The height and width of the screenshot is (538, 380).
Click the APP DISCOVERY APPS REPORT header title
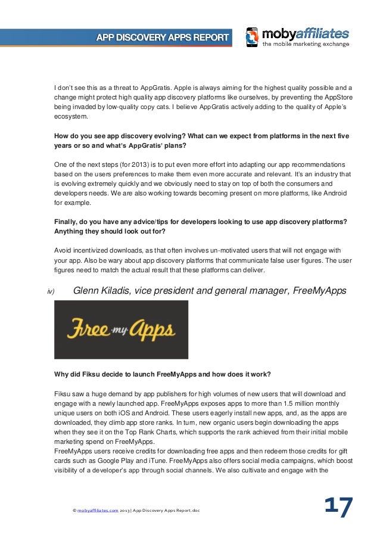(x=163, y=38)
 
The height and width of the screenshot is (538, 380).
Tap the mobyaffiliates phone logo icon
(x=253, y=37)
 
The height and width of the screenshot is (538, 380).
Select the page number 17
(x=338, y=508)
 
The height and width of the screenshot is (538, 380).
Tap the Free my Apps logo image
(x=121, y=329)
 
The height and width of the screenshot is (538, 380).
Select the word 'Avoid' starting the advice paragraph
(x=64, y=250)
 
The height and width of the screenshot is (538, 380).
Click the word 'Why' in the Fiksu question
(x=61, y=375)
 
